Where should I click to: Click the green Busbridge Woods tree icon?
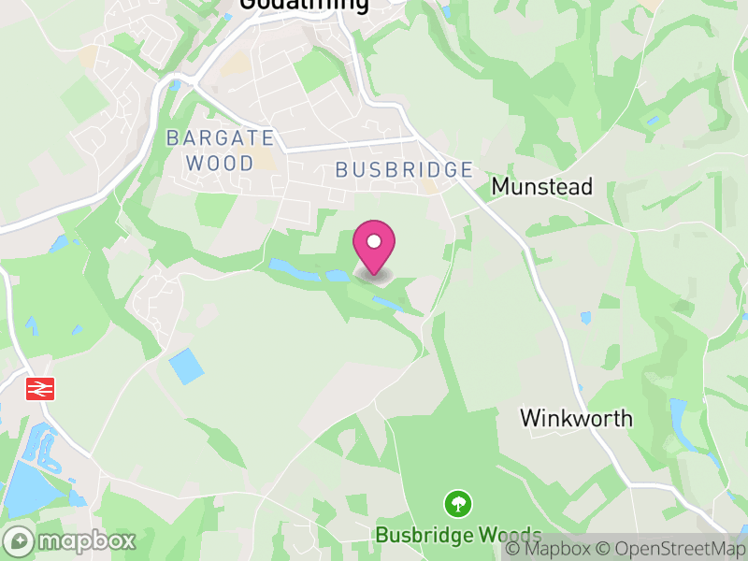(458, 504)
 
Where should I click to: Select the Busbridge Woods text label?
(458, 535)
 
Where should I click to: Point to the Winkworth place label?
(576, 418)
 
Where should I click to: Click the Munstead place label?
(542, 186)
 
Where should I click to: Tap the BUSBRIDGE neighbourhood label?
(404, 169)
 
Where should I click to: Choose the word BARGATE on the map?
(221, 138)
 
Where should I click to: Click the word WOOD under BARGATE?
(221, 163)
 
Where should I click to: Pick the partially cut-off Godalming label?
(304, 5)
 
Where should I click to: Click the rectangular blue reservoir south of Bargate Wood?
(187, 366)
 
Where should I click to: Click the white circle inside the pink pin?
(374, 241)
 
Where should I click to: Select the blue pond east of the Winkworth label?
(677, 411)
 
